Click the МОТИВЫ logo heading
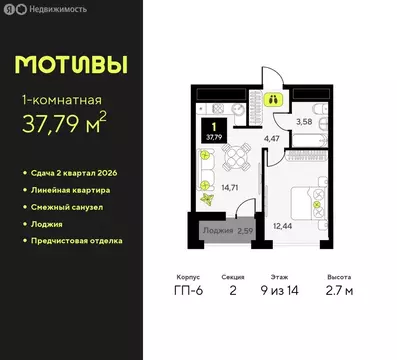pyautogui.click(x=72, y=64)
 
